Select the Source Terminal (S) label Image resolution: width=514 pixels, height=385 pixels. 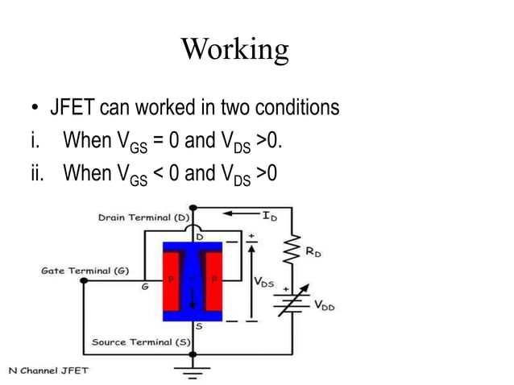coord(140,342)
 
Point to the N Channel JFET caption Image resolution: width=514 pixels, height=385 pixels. coord(48,371)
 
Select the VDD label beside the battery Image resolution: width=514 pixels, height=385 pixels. coord(324,305)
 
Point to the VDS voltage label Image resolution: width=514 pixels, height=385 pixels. coord(263,283)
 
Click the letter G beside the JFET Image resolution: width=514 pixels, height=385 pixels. coord(145,286)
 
